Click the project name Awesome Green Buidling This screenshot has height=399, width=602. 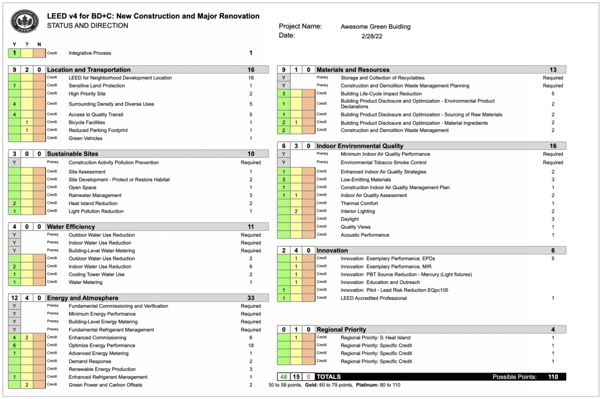point(375,26)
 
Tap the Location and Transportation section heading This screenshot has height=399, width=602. point(89,70)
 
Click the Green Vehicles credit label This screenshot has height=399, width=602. point(85,139)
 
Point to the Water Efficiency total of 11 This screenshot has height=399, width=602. point(250,227)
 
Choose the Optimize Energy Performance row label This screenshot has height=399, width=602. point(102,346)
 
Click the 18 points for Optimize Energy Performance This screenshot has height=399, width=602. point(250,346)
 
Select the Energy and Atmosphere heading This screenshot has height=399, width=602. point(82,298)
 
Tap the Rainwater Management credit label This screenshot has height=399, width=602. point(95,195)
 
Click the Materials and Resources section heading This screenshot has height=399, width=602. point(353,70)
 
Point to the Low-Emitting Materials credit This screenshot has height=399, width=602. point(366,180)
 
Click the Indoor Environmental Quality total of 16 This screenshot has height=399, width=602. point(553,146)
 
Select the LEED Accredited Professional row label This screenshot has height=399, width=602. point(373,299)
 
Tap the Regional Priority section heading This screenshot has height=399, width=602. point(341,330)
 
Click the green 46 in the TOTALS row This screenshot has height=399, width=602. point(284,376)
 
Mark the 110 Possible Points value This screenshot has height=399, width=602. point(553,376)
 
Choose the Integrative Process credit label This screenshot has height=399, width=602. point(90,53)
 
